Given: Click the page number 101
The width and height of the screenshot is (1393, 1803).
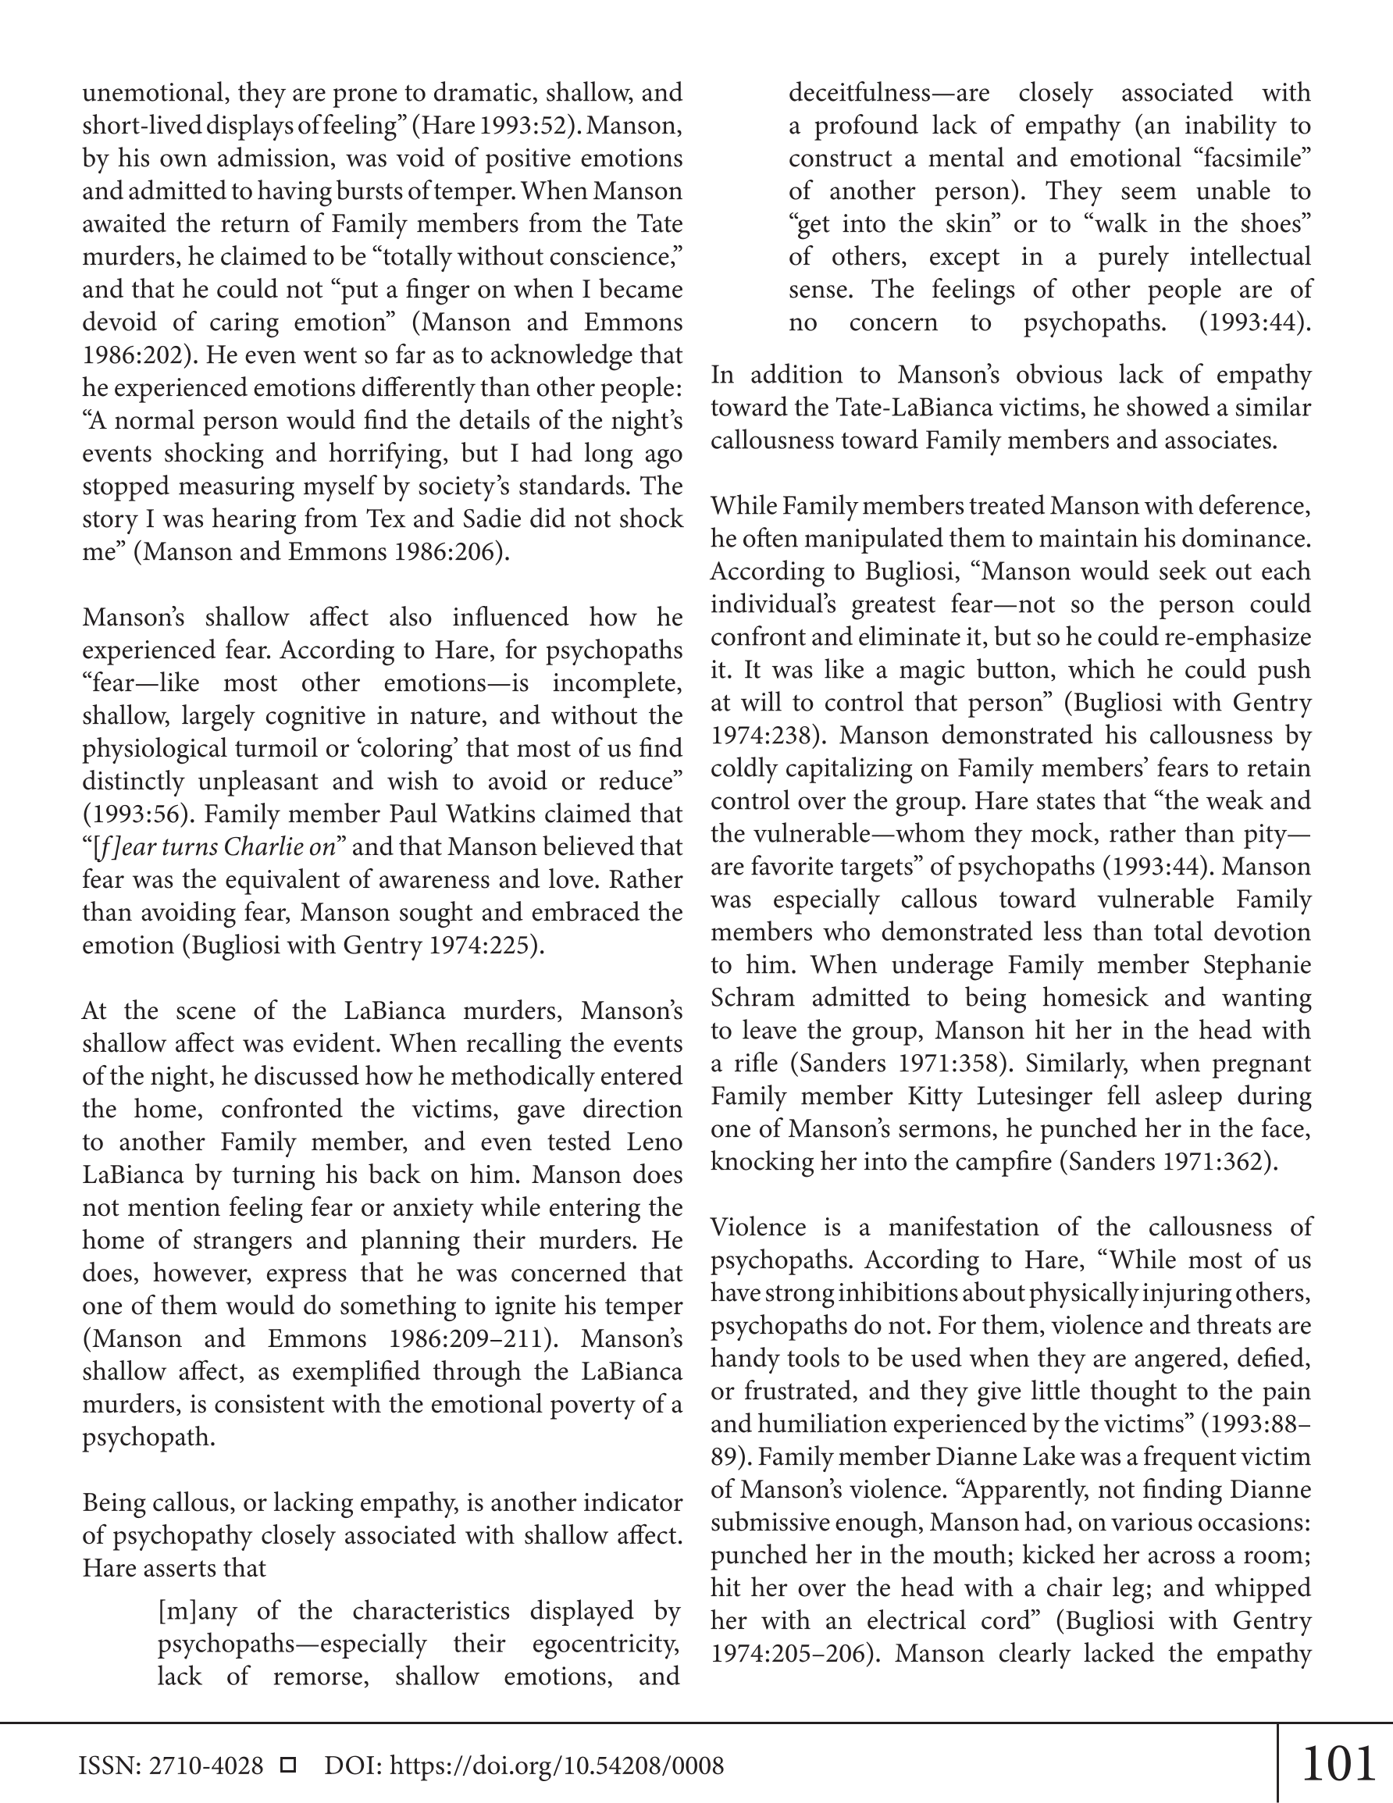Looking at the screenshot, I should pos(1338,1763).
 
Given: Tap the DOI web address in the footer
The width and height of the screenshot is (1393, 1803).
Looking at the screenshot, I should pos(557,1766).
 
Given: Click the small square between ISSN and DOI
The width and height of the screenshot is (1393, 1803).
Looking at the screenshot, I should pos(288,1766).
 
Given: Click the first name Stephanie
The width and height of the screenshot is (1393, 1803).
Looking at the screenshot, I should pos(1257,965).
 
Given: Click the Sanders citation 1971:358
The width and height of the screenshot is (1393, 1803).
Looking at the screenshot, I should pos(950,1064).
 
